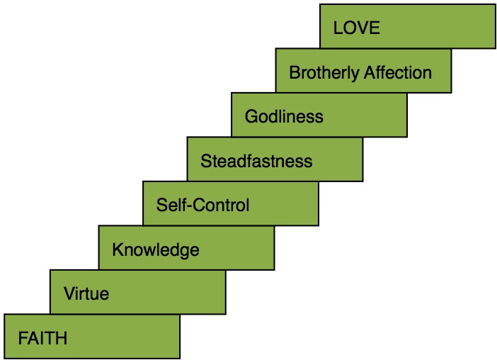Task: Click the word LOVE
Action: click(357, 28)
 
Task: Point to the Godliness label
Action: click(284, 117)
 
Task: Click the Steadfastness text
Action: click(256, 161)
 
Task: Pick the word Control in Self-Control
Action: click(222, 206)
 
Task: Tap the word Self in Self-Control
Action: click(169, 206)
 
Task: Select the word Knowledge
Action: click(156, 249)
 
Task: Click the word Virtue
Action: click(86, 293)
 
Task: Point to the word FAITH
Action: click(43, 338)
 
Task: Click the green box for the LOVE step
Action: click(439, 28)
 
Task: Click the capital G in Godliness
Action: click(251, 117)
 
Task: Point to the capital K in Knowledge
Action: click(118, 249)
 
